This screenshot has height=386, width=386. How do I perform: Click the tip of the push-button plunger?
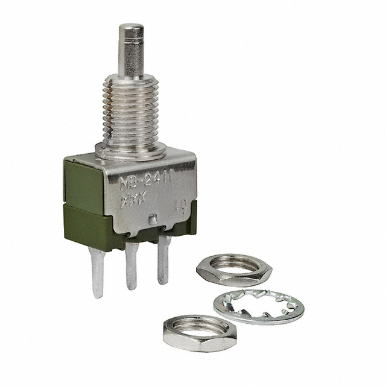pos(131,28)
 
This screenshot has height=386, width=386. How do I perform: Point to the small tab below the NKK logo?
pos(155,218)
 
